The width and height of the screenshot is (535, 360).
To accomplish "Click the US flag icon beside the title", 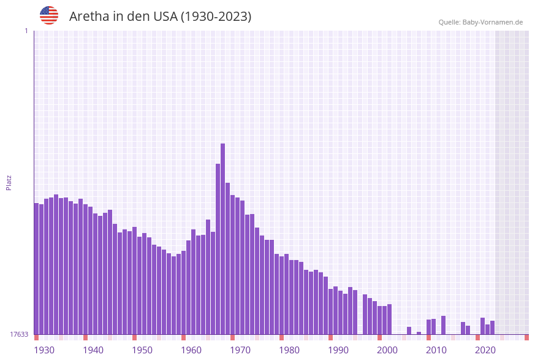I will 49,15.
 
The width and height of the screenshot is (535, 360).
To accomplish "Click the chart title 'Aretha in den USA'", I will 160,17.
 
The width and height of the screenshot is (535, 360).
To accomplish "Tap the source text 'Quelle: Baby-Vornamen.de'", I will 480,22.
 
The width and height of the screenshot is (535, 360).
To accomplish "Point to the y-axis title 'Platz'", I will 9,182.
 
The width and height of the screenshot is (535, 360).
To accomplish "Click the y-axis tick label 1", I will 26,31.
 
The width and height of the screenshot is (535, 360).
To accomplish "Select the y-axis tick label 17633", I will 19,334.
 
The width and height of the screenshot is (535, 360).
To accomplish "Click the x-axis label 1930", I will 44,350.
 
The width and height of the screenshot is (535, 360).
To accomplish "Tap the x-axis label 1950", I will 142,350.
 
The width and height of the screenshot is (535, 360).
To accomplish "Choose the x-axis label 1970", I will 240,350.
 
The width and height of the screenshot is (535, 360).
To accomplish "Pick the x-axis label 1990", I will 338,350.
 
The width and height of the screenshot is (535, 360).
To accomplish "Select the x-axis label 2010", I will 436,350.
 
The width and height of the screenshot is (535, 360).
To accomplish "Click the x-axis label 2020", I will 485,350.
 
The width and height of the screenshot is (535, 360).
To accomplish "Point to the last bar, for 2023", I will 492,327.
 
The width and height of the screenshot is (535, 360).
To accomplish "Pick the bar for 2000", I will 379,320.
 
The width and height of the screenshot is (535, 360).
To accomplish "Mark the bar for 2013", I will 443,325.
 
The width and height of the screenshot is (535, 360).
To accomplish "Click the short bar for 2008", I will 419,333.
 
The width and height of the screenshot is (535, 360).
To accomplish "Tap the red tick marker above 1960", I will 183,337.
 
